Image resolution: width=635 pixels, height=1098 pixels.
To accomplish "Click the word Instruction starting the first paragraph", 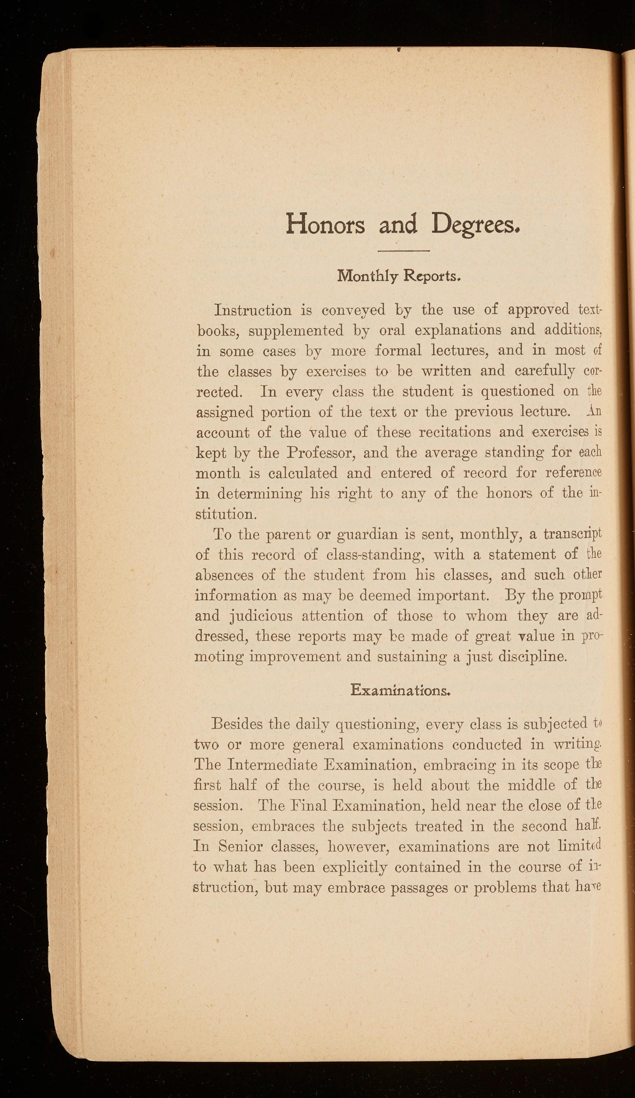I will (253, 310).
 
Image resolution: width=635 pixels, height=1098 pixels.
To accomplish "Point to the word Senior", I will (240, 847).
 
